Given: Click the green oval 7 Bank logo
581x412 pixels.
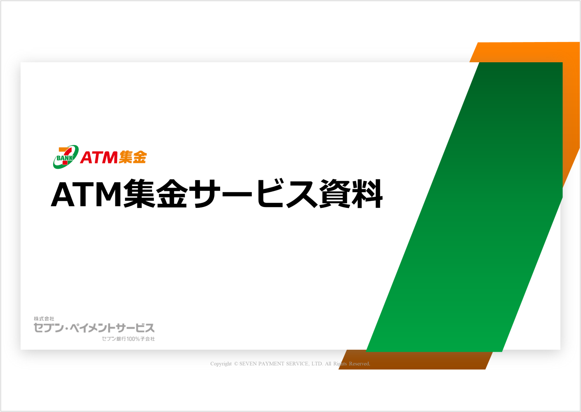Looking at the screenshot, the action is click(66, 157).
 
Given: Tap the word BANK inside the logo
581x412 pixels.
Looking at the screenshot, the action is click(65, 158).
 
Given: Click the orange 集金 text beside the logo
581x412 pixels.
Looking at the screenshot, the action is click(133, 157).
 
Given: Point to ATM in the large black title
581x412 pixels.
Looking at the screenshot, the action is click(87, 195).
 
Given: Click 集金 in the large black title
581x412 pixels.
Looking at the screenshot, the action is click(155, 194).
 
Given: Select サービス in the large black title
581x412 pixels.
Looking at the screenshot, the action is click(256, 194).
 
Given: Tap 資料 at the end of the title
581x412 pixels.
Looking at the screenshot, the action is click(350, 194).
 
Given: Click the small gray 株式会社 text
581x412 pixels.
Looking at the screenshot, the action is click(44, 319).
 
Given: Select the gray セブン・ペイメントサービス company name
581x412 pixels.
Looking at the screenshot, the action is click(94, 328).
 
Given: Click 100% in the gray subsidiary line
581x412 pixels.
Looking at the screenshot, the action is click(133, 339).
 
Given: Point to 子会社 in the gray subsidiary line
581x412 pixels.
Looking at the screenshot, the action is click(148, 339).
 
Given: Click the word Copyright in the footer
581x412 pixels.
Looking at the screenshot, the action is click(221, 364).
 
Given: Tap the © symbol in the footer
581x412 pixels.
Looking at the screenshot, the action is click(236, 364).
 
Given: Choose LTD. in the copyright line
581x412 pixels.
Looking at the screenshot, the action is click(317, 364).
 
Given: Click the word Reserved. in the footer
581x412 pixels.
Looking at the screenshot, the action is click(360, 364).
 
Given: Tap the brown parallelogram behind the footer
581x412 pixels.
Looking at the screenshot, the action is click(415, 360).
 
